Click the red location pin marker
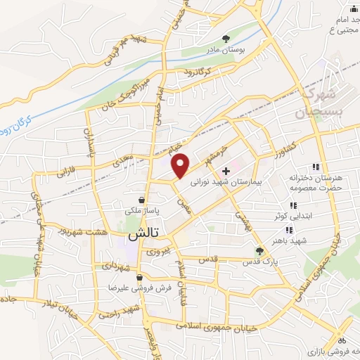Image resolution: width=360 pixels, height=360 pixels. coord(181,165)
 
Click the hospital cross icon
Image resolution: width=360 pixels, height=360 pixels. coord(226,171)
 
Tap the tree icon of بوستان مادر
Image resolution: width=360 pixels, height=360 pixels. coord(226,39)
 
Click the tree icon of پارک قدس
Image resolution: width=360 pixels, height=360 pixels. coord(259,251)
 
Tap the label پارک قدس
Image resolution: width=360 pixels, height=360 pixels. coord(257,262)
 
